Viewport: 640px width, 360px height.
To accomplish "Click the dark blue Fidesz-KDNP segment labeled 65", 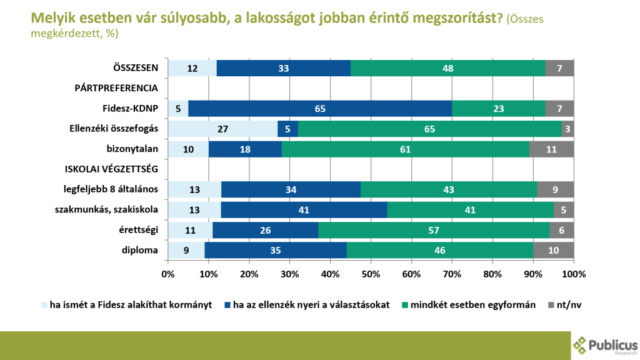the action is tap(320, 109).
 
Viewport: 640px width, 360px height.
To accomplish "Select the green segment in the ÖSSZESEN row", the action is tap(447, 68).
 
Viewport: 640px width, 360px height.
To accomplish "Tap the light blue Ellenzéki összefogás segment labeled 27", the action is tap(223, 129).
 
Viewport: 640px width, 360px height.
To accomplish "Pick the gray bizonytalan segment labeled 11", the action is tap(551, 149).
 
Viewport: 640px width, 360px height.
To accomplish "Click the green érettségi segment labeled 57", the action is tap(434, 230).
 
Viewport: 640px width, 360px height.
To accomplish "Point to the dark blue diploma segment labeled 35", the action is tap(276, 250).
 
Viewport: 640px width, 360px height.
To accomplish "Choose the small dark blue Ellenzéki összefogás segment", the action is tap(287, 129).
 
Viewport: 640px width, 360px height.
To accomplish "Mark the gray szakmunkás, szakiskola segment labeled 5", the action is tap(564, 210).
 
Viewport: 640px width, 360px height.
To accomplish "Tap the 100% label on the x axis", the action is tap(574, 274).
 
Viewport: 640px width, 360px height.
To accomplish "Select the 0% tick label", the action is tap(167, 274).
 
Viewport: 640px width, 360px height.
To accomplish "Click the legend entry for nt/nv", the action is tap(564, 305).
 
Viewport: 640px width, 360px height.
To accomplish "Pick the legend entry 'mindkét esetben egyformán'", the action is tap(469, 305).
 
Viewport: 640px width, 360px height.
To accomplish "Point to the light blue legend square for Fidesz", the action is tap(44, 305).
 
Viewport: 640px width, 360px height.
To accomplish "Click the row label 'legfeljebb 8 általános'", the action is tap(111, 189).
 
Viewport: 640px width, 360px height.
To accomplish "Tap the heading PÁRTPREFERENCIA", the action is tap(116, 88).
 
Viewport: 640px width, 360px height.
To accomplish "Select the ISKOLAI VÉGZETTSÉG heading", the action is tap(111, 169).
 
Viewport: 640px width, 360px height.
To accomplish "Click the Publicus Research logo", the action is tap(605, 346).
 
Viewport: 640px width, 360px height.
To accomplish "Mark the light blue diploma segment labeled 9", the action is tap(186, 250).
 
